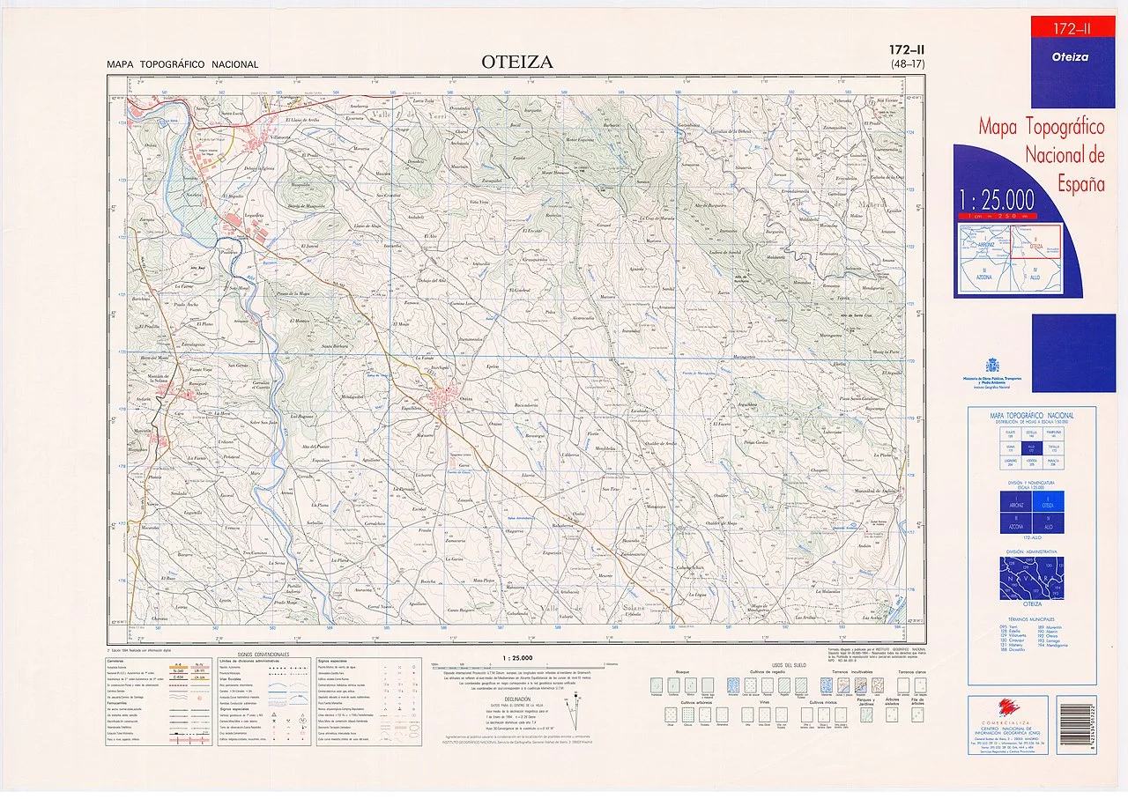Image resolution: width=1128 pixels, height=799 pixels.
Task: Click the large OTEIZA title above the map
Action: pyautogui.click(x=517, y=62)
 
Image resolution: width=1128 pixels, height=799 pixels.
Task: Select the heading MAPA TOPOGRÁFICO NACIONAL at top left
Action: pyautogui.click(x=182, y=64)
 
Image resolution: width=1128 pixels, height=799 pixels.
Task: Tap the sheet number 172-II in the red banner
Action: pyautogui.click(x=1071, y=30)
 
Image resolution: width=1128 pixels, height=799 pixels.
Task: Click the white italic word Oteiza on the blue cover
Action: pyautogui.click(x=1070, y=57)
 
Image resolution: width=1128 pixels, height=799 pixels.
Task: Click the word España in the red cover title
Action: pyautogui.click(x=1080, y=184)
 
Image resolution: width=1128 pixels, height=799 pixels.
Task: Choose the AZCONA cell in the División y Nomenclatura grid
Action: pyautogui.click(x=1015, y=523)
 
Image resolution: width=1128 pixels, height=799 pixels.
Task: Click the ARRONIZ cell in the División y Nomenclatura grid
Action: pyautogui.click(x=1015, y=502)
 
